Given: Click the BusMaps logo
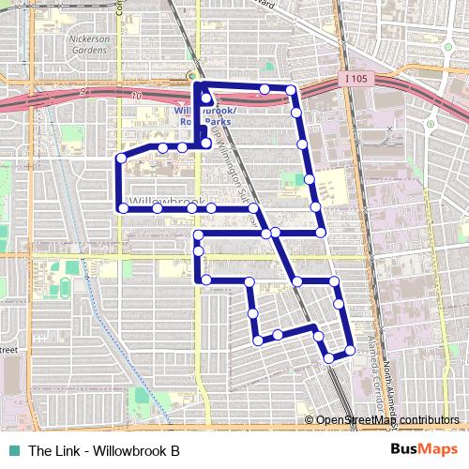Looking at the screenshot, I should (420, 449).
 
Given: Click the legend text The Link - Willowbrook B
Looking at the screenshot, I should (103, 449).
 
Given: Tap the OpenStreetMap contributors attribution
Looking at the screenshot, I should (386, 420).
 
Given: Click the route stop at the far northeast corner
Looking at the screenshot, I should (291, 90).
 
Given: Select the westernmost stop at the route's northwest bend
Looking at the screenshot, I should (121, 159).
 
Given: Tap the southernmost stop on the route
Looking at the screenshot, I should (328, 357).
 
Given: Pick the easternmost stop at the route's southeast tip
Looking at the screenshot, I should (350, 350).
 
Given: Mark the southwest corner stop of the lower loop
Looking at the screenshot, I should (255, 341).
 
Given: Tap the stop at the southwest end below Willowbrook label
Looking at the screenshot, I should (123, 207).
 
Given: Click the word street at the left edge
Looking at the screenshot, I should (9, 350).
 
